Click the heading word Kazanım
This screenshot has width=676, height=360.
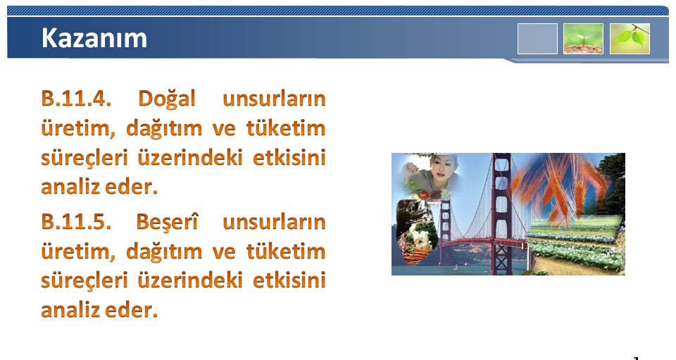click(x=94, y=38)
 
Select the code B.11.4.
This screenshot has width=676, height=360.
click(x=76, y=99)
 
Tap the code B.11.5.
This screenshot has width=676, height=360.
click(x=76, y=222)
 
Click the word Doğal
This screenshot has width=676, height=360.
click(x=167, y=99)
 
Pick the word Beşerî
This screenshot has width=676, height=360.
click(x=167, y=223)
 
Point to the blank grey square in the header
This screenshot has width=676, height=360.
click(x=537, y=39)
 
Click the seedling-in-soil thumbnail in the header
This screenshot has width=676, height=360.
click(x=583, y=39)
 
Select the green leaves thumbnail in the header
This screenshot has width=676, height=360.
click(x=630, y=39)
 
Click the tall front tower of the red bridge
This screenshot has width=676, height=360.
click(x=501, y=214)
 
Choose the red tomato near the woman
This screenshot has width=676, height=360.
click(x=425, y=195)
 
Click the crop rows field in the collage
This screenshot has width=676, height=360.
click(x=575, y=244)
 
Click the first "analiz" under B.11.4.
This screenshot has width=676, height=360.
click(x=70, y=187)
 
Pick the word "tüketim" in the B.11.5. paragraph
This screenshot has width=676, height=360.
click(x=286, y=251)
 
